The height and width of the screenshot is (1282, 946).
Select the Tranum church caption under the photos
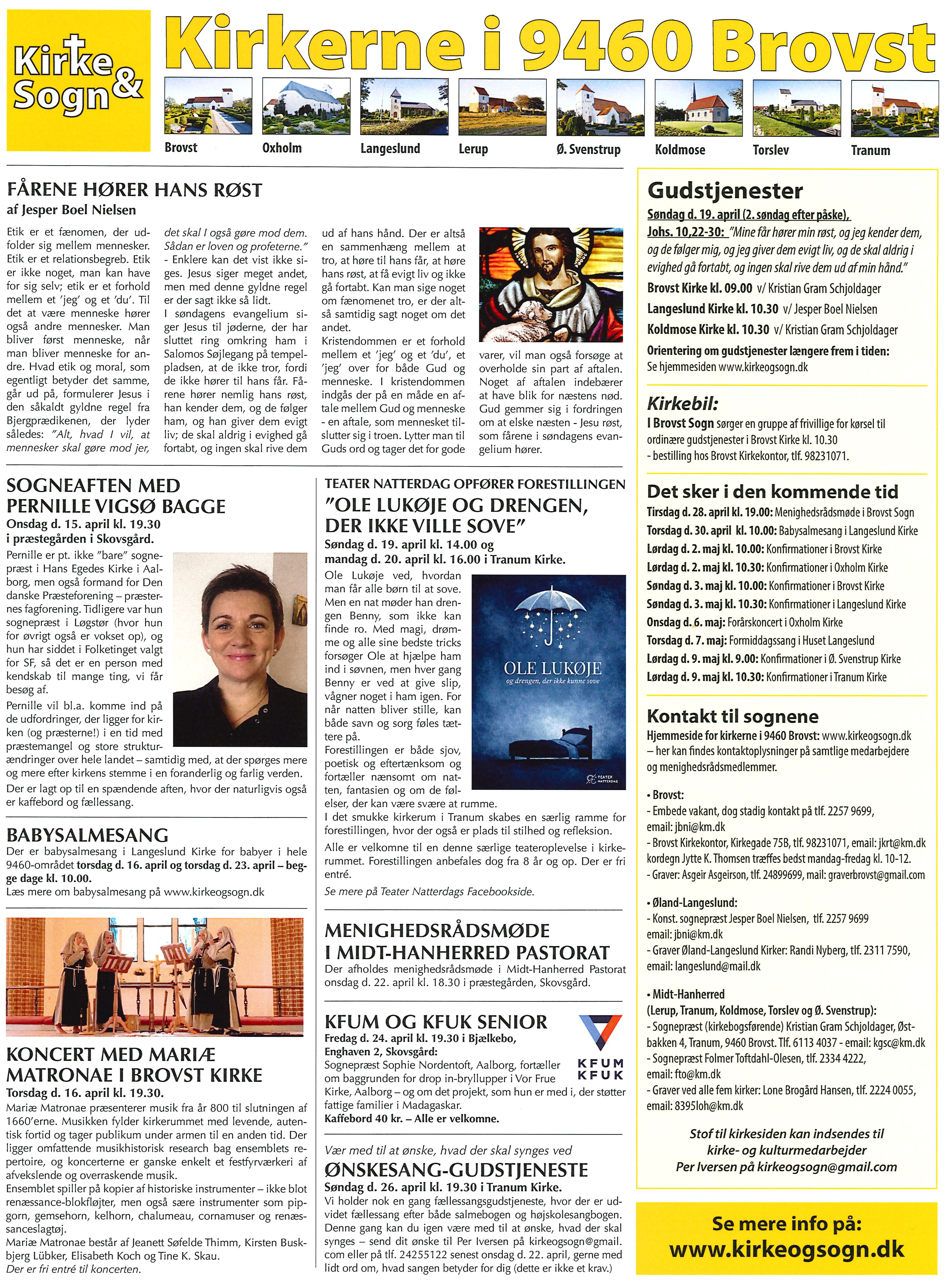pos(870,150)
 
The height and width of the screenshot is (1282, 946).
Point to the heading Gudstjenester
pos(725,191)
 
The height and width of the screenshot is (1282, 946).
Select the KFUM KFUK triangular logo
pos(600,1031)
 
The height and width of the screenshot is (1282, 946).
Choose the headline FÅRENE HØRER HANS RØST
pos(134,190)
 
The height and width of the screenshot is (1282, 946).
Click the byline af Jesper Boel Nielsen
pos(72,210)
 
